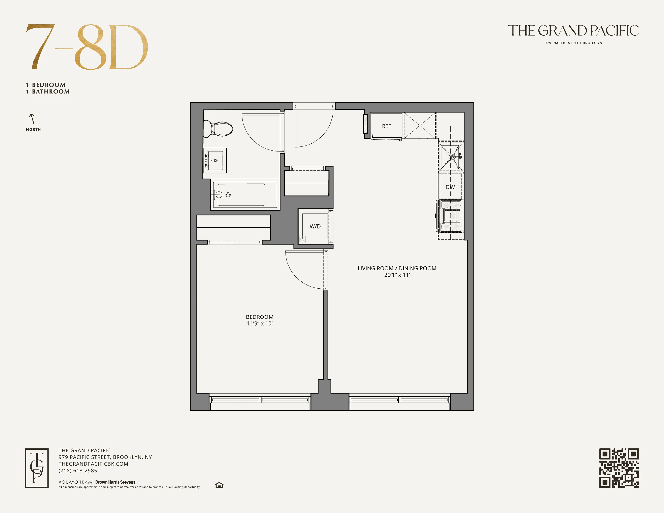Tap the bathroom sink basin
tap(215, 161)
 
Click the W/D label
tap(315, 226)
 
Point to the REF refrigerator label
tap(386, 126)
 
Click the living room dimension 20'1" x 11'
tap(397, 275)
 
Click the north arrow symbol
tap(32, 119)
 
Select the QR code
tap(619, 468)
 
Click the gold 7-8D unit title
tap(87, 47)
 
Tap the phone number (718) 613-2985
tap(78, 471)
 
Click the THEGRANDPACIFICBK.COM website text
tap(93, 464)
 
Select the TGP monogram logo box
tap(37, 468)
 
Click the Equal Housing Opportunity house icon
tap(219, 485)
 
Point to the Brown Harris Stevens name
tap(115, 482)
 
